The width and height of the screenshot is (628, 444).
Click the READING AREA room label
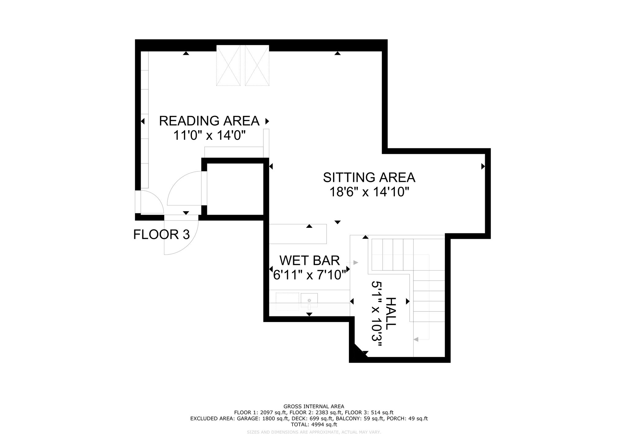click(x=209, y=121)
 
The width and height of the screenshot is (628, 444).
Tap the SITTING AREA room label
click(x=369, y=178)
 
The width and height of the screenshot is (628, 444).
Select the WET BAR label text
click(x=310, y=261)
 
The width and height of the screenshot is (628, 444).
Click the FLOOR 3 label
click(x=162, y=235)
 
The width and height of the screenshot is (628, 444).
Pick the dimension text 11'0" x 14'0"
click(x=210, y=135)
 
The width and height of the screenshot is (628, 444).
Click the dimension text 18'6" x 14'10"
click(x=370, y=192)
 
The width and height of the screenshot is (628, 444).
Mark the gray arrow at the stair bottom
click(x=416, y=339)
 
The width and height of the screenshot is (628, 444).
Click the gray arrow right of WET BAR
click(x=356, y=262)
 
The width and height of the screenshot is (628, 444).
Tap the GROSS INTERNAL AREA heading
click(x=314, y=407)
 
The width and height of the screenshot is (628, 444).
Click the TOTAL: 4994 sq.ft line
click(x=314, y=425)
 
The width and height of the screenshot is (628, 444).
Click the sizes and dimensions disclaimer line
click(x=314, y=432)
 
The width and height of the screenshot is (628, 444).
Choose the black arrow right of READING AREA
click(x=267, y=121)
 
